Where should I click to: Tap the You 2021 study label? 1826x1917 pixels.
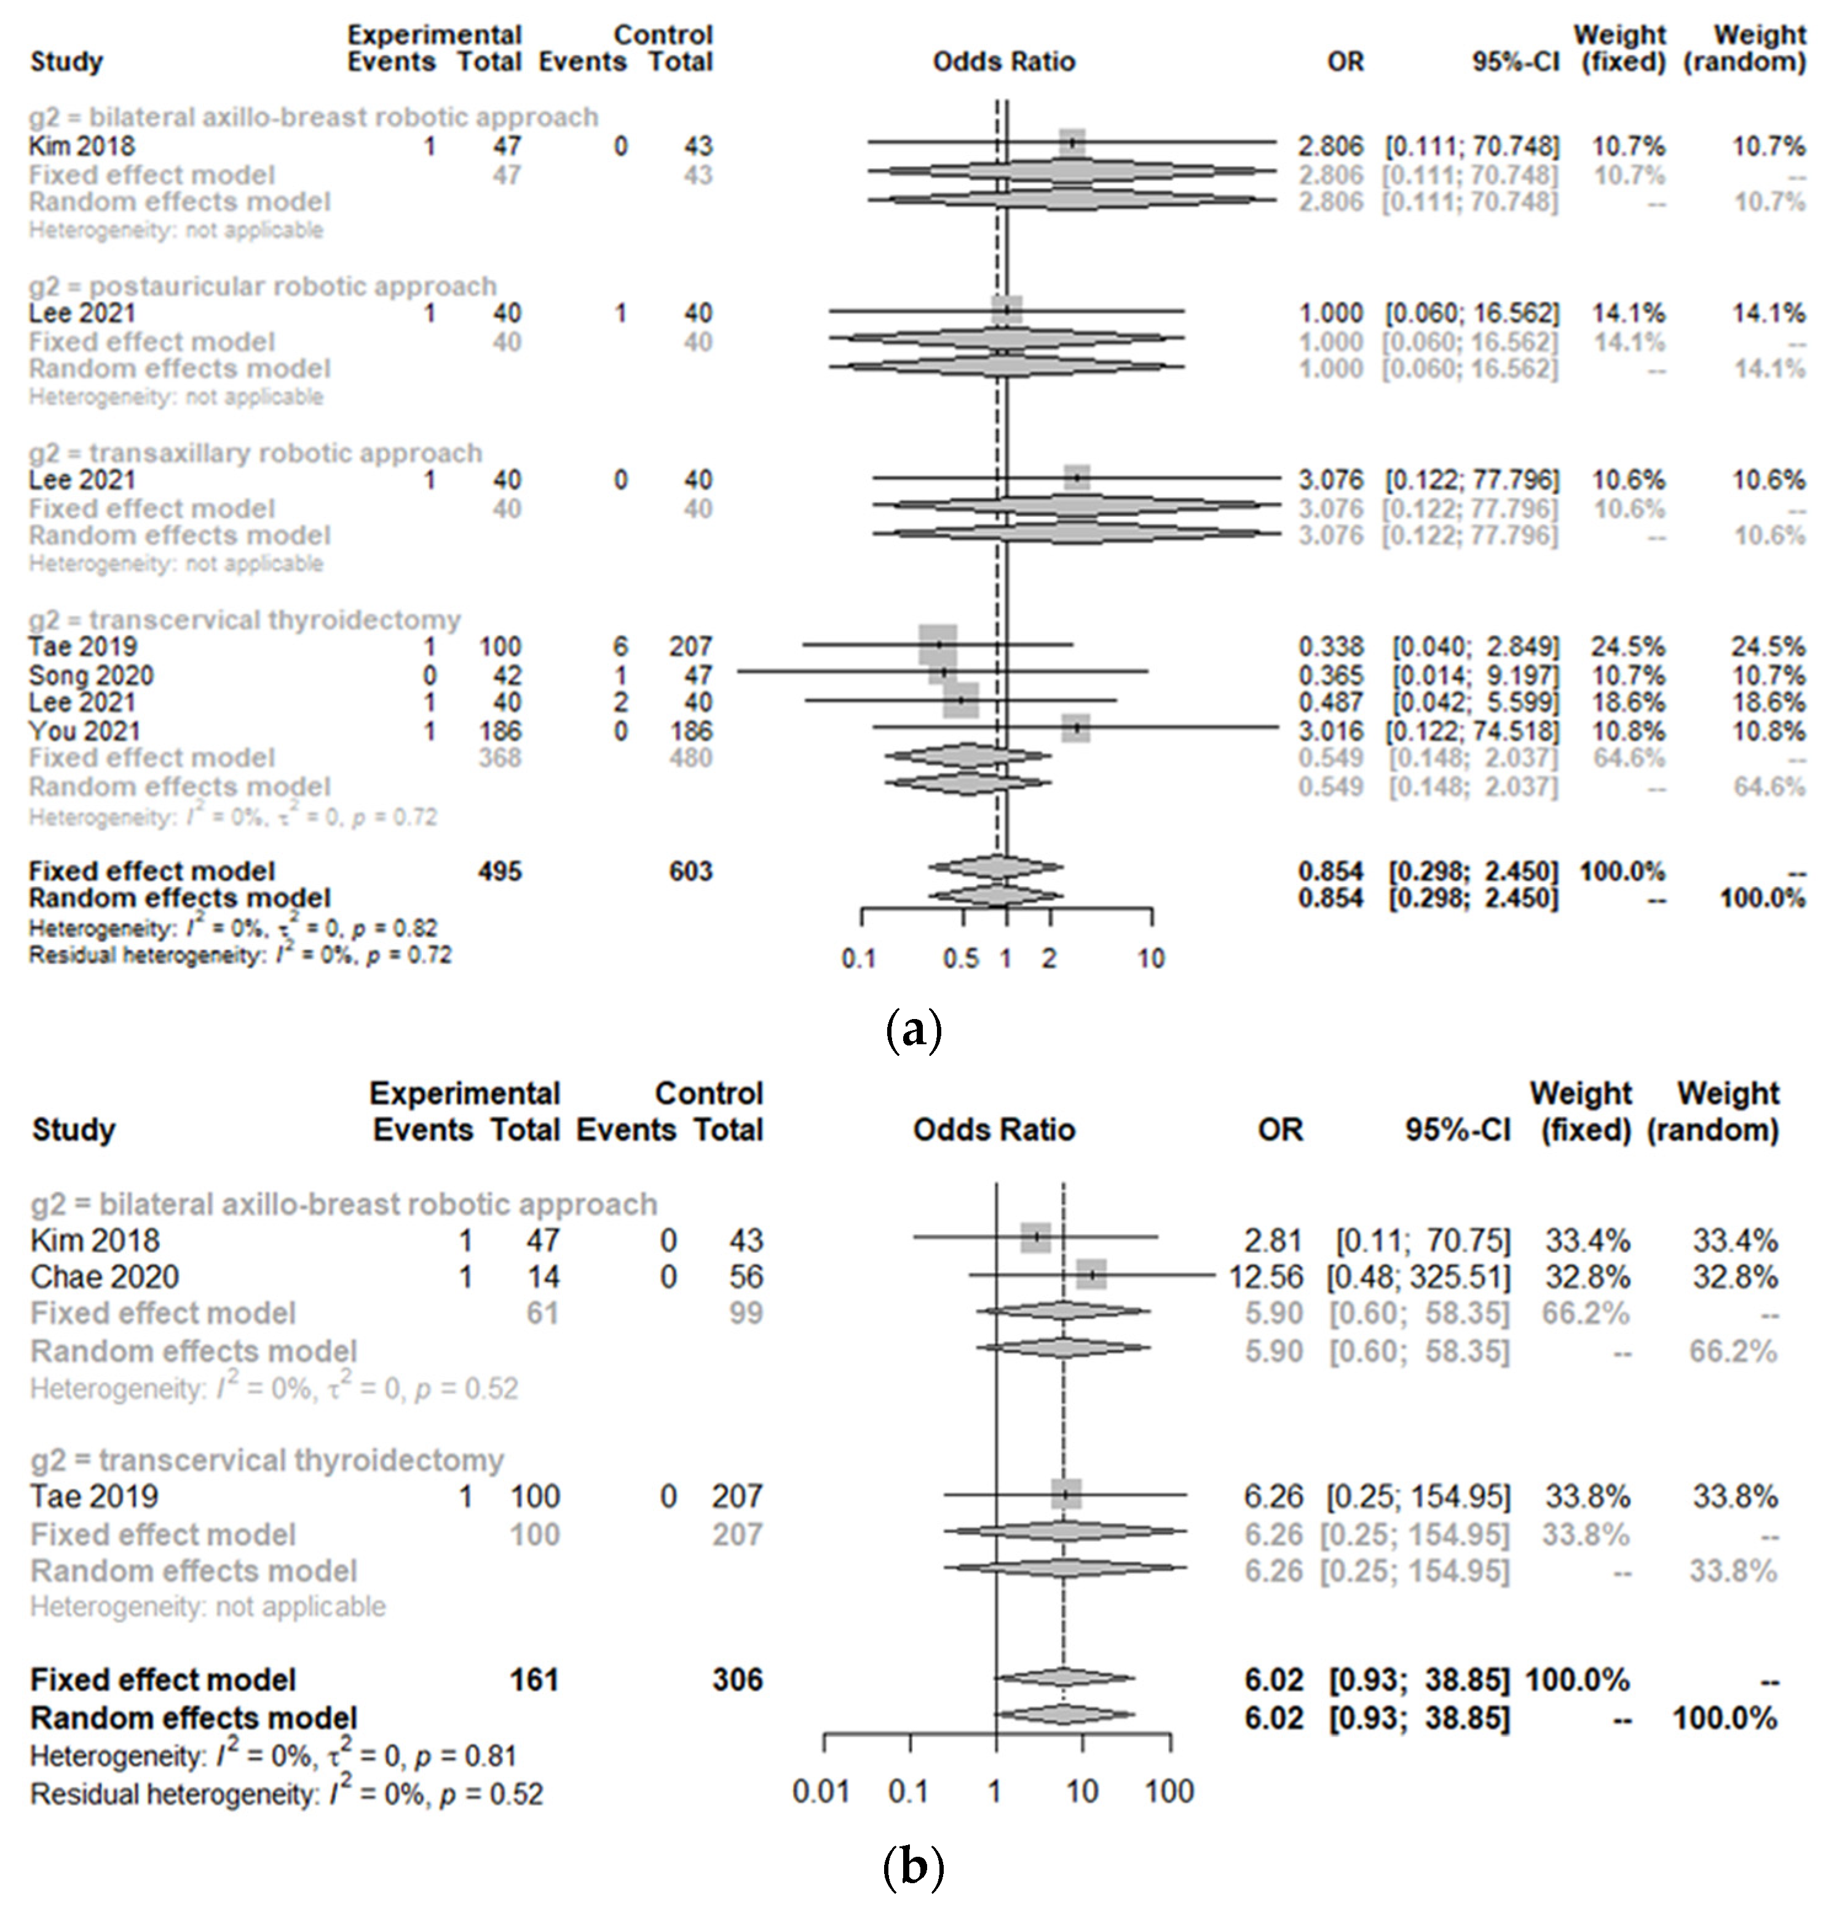85,731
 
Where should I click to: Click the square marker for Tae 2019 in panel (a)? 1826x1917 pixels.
938,645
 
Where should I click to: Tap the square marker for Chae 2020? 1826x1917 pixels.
1092,1273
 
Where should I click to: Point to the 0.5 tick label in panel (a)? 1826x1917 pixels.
961,959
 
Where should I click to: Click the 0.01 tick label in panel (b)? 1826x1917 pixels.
821,1792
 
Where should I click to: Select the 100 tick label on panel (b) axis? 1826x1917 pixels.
1169,1792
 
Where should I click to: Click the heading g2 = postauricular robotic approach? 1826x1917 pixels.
263,286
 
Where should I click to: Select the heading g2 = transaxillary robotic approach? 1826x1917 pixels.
255,454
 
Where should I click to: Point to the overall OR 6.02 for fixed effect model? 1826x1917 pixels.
1273,1680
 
